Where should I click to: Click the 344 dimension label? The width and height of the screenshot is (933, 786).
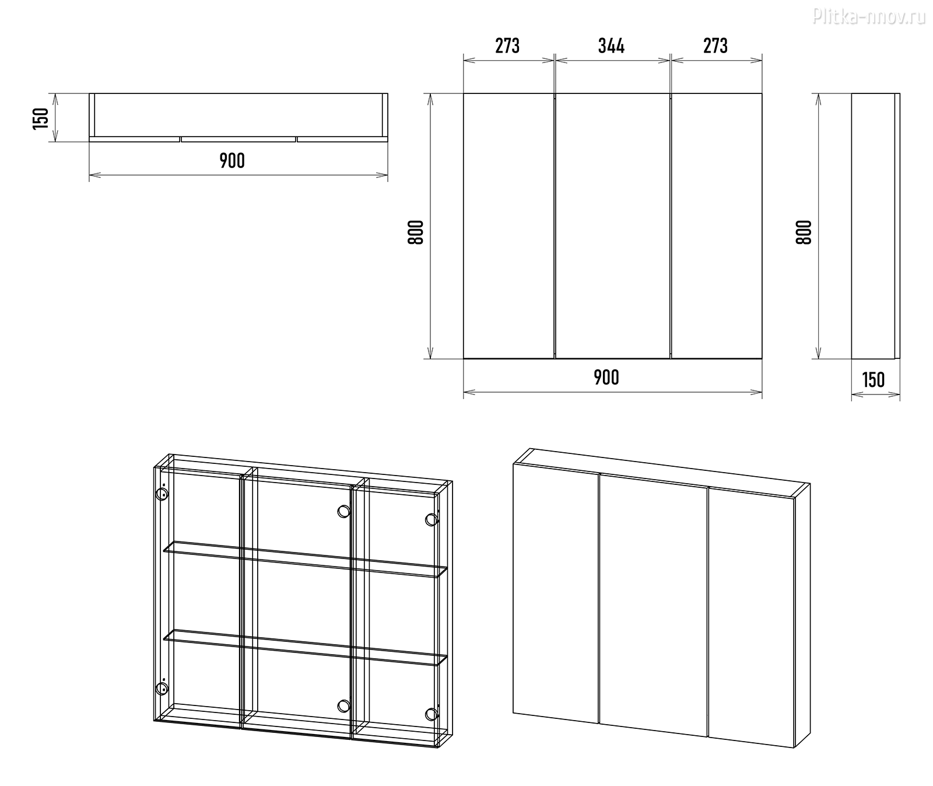[611, 46]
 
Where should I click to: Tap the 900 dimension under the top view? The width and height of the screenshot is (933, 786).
[232, 160]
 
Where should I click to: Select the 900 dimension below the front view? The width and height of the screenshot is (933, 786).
[606, 378]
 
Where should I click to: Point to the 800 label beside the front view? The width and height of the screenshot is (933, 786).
[415, 232]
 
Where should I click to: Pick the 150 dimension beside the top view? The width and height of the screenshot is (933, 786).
[41, 118]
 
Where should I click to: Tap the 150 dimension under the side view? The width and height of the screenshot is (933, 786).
[873, 380]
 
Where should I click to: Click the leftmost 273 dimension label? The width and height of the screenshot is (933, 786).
[507, 46]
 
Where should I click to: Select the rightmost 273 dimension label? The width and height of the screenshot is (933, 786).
[715, 46]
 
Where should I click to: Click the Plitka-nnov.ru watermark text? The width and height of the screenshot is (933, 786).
[869, 18]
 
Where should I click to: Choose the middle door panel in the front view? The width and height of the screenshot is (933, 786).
[612, 226]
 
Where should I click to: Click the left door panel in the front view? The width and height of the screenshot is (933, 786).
[508, 226]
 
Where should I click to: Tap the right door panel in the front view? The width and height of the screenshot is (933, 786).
[717, 226]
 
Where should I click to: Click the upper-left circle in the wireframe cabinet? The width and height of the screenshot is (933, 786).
[162, 495]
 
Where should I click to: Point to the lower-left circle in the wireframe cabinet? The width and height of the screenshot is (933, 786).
[162, 689]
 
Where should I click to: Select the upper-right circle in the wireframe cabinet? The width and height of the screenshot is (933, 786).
[431, 519]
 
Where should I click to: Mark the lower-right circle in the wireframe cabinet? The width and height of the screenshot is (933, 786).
[431, 714]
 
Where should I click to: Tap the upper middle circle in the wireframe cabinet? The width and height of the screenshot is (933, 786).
[343, 512]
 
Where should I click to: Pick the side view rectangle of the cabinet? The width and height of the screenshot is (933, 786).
[875, 226]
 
